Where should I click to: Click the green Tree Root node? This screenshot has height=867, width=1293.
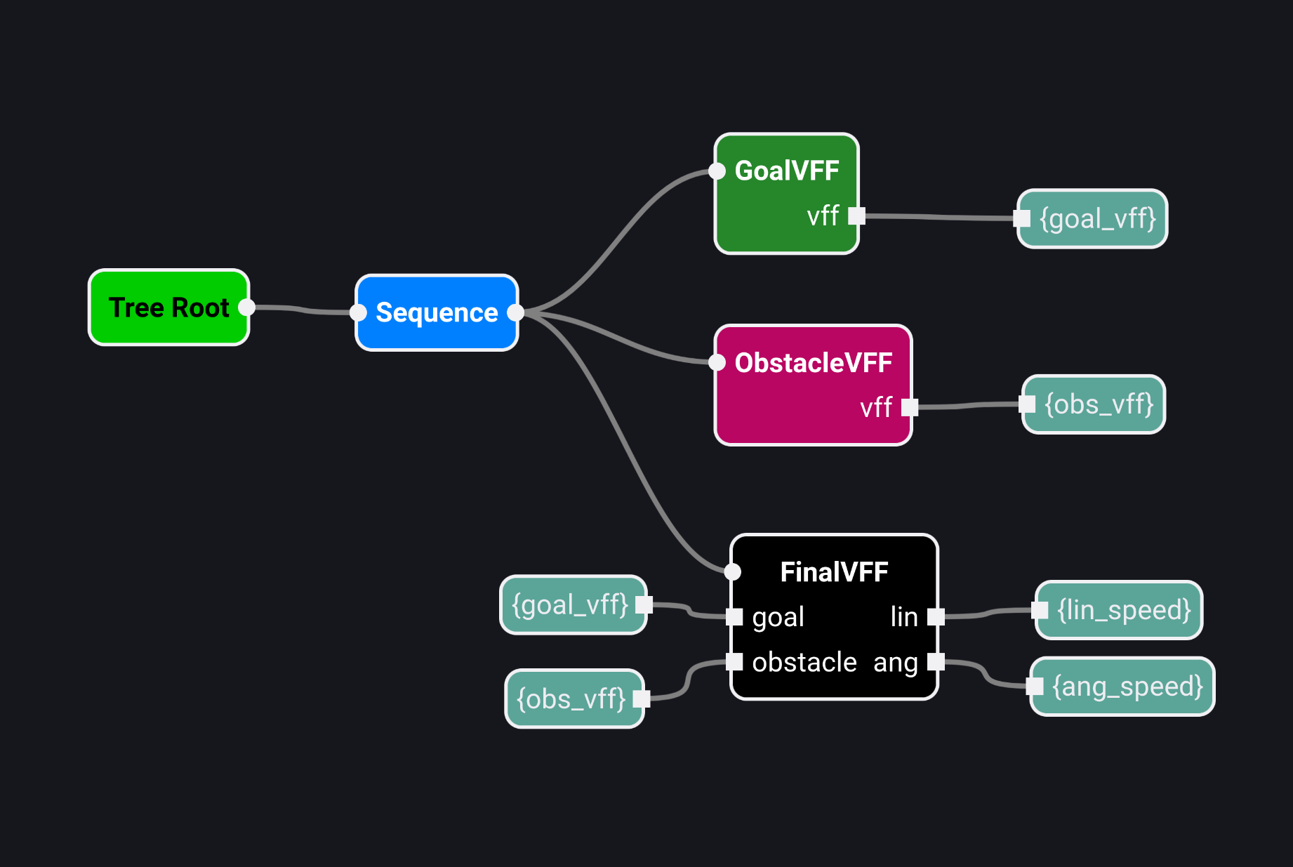click(168, 307)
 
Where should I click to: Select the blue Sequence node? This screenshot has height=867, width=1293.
click(437, 312)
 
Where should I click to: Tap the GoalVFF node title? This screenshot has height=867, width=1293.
click(787, 171)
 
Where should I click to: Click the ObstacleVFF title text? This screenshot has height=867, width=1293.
click(813, 363)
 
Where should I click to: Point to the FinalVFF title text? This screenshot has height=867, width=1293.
click(834, 572)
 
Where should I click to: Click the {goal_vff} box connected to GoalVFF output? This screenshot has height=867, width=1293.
click(1097, 219)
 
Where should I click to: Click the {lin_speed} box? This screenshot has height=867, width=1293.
click(1124, 610)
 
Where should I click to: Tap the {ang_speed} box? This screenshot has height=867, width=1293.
click(1127, 687)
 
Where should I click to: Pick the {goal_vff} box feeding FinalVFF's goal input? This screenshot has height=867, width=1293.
click(570, 604)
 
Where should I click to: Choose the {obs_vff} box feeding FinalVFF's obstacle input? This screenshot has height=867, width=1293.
click(571, 699)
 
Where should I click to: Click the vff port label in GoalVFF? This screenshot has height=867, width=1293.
click(823, 216)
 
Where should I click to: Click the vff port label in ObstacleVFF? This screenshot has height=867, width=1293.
click(876, 408)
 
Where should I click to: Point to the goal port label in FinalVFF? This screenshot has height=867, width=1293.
click(778, 617)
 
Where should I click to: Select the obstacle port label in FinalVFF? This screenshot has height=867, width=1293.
click(804, 662)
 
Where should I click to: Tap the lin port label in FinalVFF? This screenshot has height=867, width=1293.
click(904, 617)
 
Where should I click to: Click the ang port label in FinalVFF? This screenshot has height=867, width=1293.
click(896, 663)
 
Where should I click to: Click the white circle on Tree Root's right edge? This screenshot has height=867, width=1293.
click(246, 307)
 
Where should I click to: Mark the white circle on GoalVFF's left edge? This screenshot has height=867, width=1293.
click(717, 171)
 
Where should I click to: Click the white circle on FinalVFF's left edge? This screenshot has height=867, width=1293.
click(732, 572)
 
